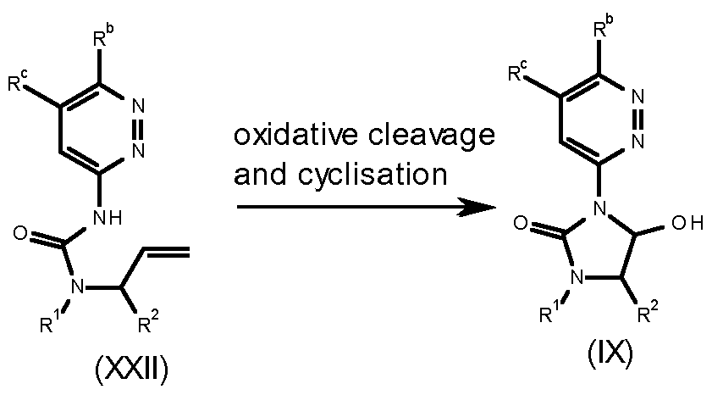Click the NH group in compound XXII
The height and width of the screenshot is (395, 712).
pyautogui.click(x=110, y=217)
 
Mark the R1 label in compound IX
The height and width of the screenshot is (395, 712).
pyautogui.click(x=550, y=315)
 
